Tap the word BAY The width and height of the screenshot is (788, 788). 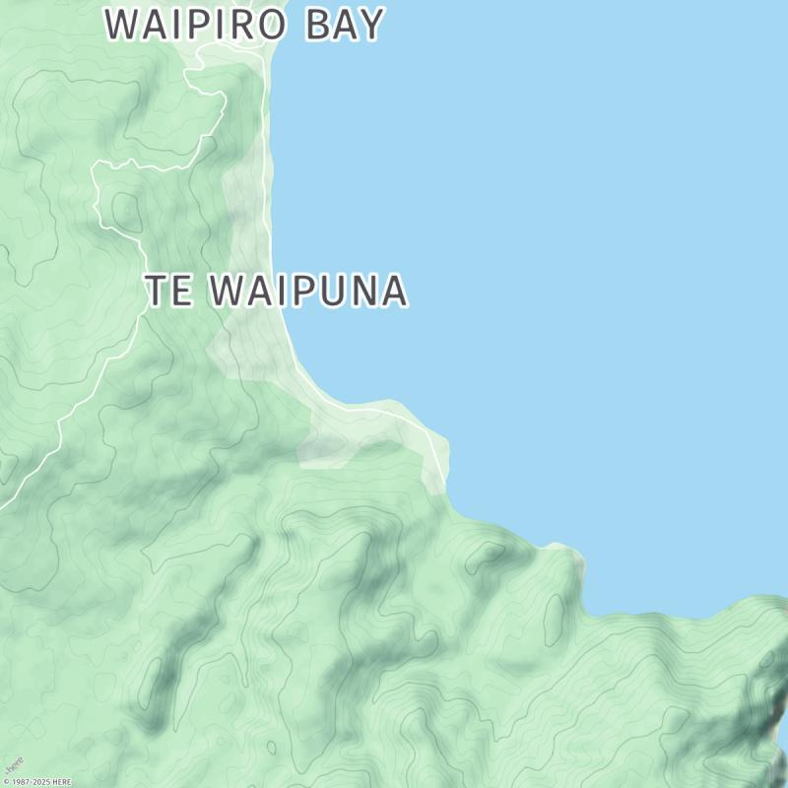tap(343, 25)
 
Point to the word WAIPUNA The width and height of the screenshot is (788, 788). tap(309, 291)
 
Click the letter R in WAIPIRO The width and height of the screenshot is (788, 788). tap(245, 25)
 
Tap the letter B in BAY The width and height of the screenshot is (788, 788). tap(317, 25)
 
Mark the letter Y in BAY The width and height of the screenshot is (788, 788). tap(369, 25)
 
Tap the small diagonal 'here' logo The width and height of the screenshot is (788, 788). tap(13, 765)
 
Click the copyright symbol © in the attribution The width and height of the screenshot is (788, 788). tap(6, 782)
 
